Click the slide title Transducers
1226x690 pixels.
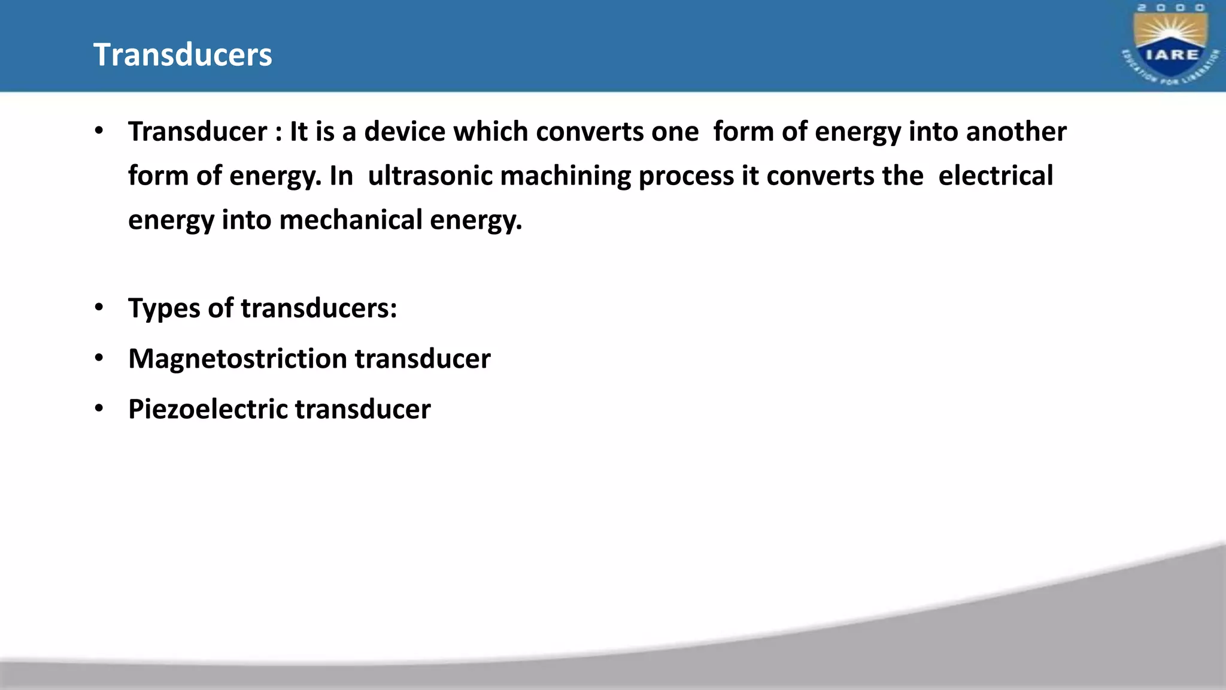183,55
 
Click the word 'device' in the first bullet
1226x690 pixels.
405,131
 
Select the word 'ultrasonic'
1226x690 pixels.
430,175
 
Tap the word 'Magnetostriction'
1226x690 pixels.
238,359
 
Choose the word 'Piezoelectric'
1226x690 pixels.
208,409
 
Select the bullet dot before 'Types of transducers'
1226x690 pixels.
99,308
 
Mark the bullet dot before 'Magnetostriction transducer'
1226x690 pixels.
99,358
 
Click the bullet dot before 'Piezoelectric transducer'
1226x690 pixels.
99,408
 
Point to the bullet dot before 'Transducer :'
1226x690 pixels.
99,131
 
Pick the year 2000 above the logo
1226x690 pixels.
1171,8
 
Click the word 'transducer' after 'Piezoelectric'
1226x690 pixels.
363,409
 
